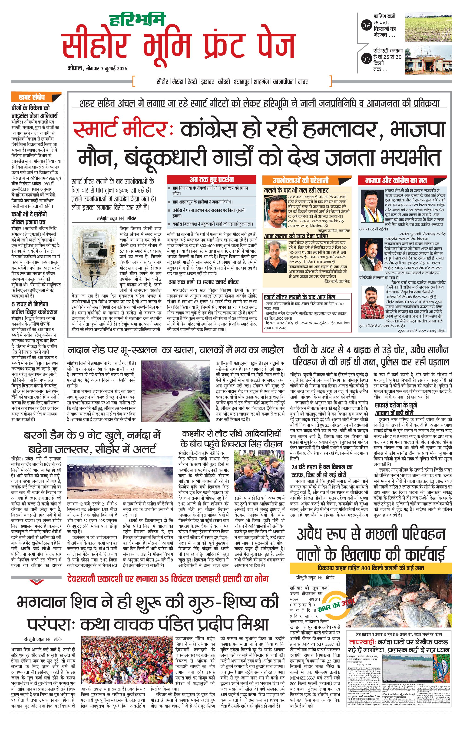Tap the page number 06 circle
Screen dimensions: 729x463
pos(366,26)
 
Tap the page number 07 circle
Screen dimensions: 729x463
pos(366,59)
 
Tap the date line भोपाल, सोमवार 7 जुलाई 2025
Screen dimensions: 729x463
pos(97,69)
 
